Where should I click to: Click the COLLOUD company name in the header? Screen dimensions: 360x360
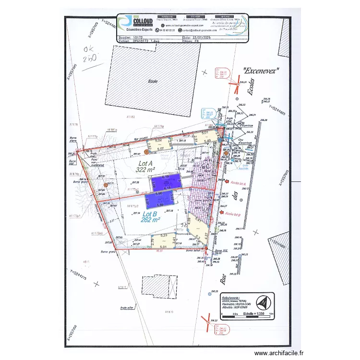(143, 21)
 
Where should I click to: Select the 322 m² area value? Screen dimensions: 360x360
(145, 169)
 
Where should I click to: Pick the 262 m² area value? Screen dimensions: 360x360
(151, 220)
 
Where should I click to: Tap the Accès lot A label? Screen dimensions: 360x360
(239, 183)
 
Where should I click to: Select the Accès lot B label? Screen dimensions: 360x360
(232, 215)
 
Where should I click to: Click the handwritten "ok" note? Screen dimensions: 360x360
(89, 49)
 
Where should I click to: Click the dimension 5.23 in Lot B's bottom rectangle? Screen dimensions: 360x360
(164, 235)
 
